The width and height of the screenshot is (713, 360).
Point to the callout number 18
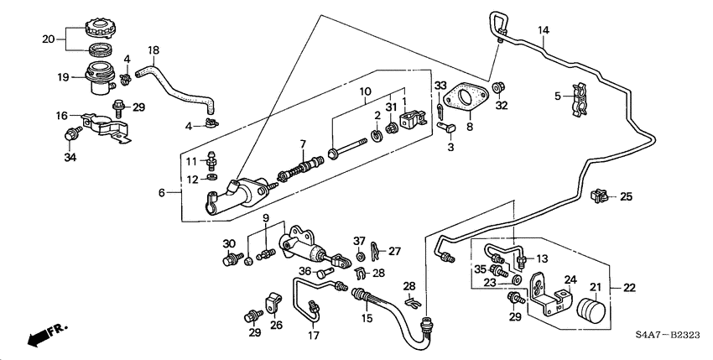coord(154,50)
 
